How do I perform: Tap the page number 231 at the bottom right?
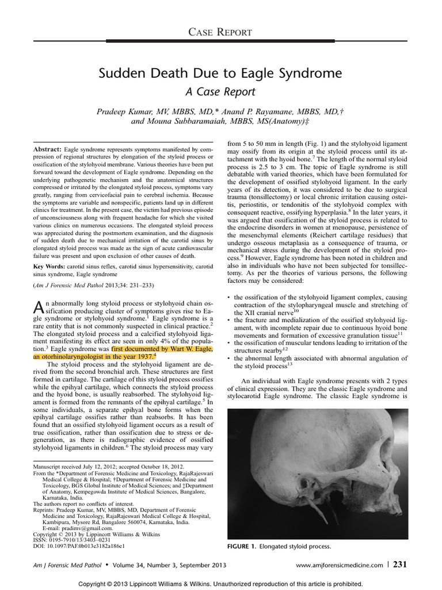coord(400,565)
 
